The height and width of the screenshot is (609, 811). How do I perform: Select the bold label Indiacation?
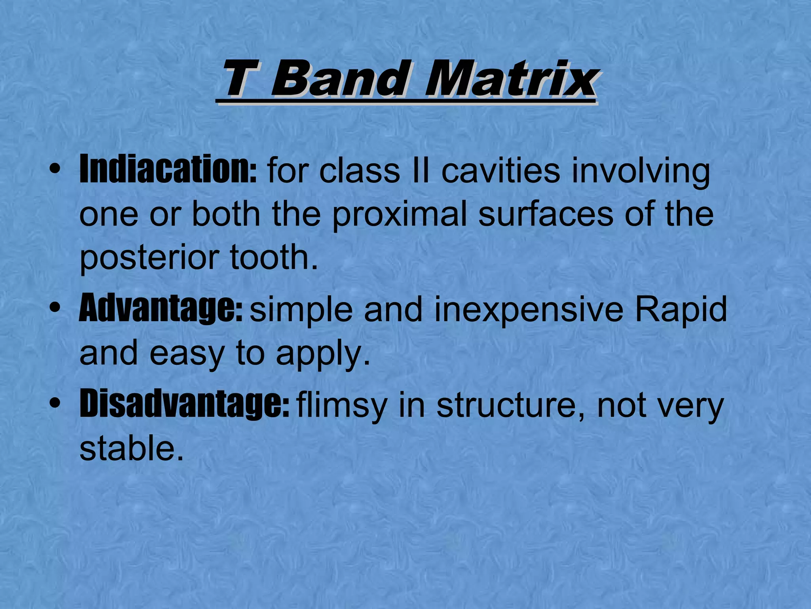pyautogui.click(x=168, y=170)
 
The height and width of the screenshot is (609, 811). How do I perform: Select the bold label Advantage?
pyautogui.click(x=160, y=309)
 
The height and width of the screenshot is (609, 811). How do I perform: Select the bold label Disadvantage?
pyautogui.click(x=184, y=404)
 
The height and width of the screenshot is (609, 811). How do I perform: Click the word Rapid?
pyautogui.click(x=681, y=310)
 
